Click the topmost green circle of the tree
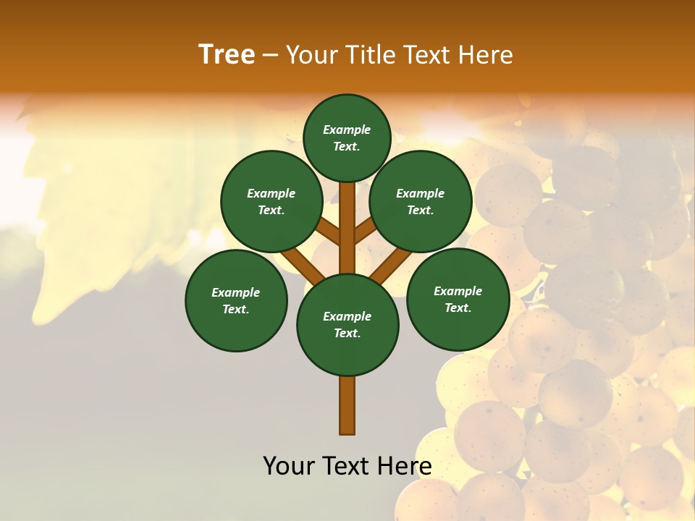pos(347,137)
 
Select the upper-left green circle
pos(271,201)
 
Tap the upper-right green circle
pos(421,201)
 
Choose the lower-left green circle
pos(236,300)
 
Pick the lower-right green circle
pos(458,299)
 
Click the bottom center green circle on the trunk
pos(347,325)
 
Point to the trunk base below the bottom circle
pos(347,405)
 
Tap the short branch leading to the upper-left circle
pos(329,232)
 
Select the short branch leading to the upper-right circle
pos(364,232)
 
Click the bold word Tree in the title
pos(227,54)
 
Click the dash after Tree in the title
pos(270,56)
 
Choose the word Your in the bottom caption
pos(289,466)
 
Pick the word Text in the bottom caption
pos(345,466)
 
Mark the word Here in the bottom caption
pos(406,466)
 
